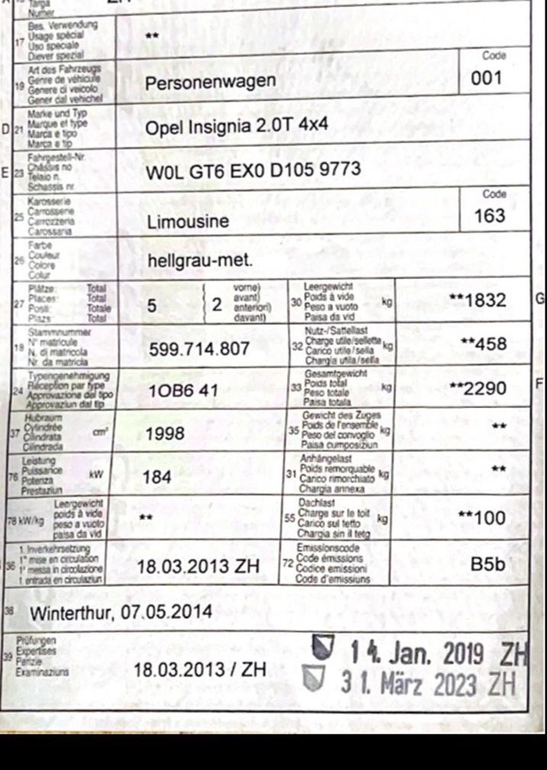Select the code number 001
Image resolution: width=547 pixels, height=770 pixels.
pos(488,78)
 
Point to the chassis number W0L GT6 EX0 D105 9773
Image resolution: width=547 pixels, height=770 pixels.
pos(253,172)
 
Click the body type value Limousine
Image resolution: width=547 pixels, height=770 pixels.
pos(188,222)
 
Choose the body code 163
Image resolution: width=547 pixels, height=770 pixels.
pos(489,215)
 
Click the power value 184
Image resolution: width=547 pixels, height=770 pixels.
pos(157,477)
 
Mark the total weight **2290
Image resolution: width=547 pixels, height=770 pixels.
pos(478,388)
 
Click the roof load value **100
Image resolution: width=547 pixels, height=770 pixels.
pos(482,518)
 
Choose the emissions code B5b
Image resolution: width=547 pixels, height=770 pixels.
pos(488,565)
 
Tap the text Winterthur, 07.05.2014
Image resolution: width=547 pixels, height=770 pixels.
pos(121,613)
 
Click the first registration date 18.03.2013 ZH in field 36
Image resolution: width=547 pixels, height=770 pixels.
pos(198,566)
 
